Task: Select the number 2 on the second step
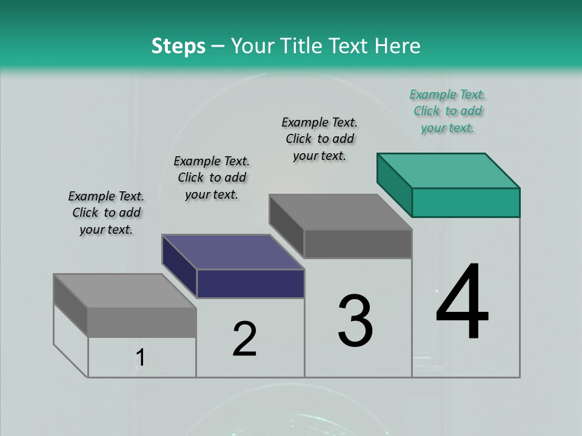(x=244, y=339)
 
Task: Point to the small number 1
(x=141, y=358)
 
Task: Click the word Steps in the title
(x=178, y=46)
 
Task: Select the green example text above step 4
(x=447, y=111)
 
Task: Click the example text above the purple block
(x=212, y=177)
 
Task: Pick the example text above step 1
(x=106, y=213)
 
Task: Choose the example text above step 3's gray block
(x=319, y=139)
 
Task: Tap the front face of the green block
(x=466, y=202)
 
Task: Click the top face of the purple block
(x=233, y=251)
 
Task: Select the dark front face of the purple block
(x=250, y=283)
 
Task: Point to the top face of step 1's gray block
(x=125, y=291)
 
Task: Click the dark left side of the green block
(x=394, y=185)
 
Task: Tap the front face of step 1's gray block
(x=142, y=322)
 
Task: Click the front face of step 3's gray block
(x=358, y=243)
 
